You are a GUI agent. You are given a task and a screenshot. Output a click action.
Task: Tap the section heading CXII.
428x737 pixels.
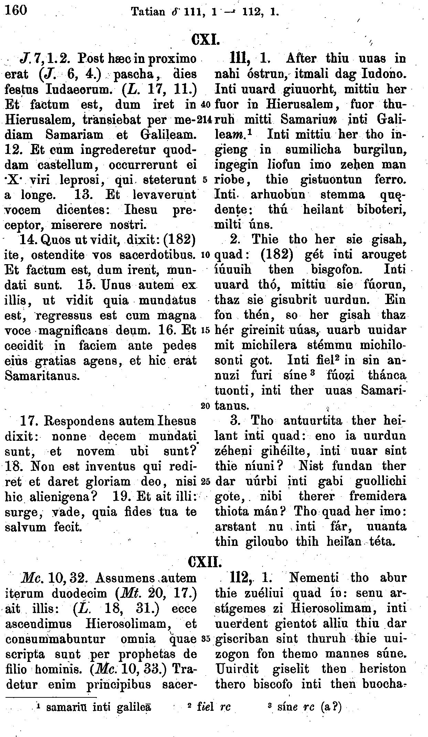click(x=205, y=562)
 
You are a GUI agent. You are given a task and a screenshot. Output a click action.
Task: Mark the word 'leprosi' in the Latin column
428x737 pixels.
click(x=80, y=180)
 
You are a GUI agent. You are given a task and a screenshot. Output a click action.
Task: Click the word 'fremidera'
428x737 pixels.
click(x=378, y=496)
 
